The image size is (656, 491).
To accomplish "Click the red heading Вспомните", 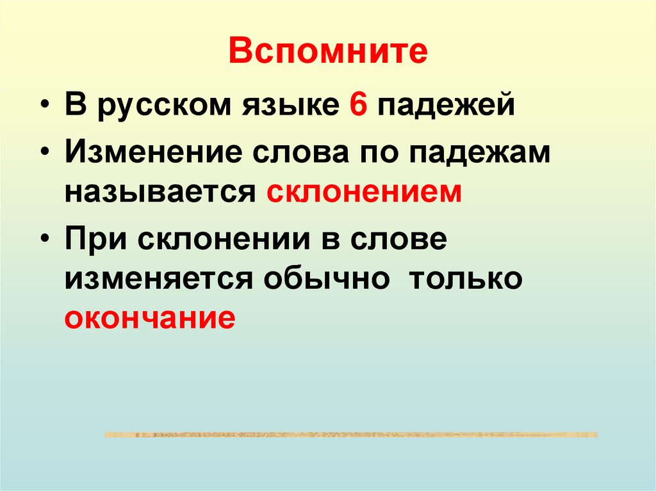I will pos(327,52).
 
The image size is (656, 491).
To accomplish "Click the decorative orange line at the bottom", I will pos(350,435).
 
